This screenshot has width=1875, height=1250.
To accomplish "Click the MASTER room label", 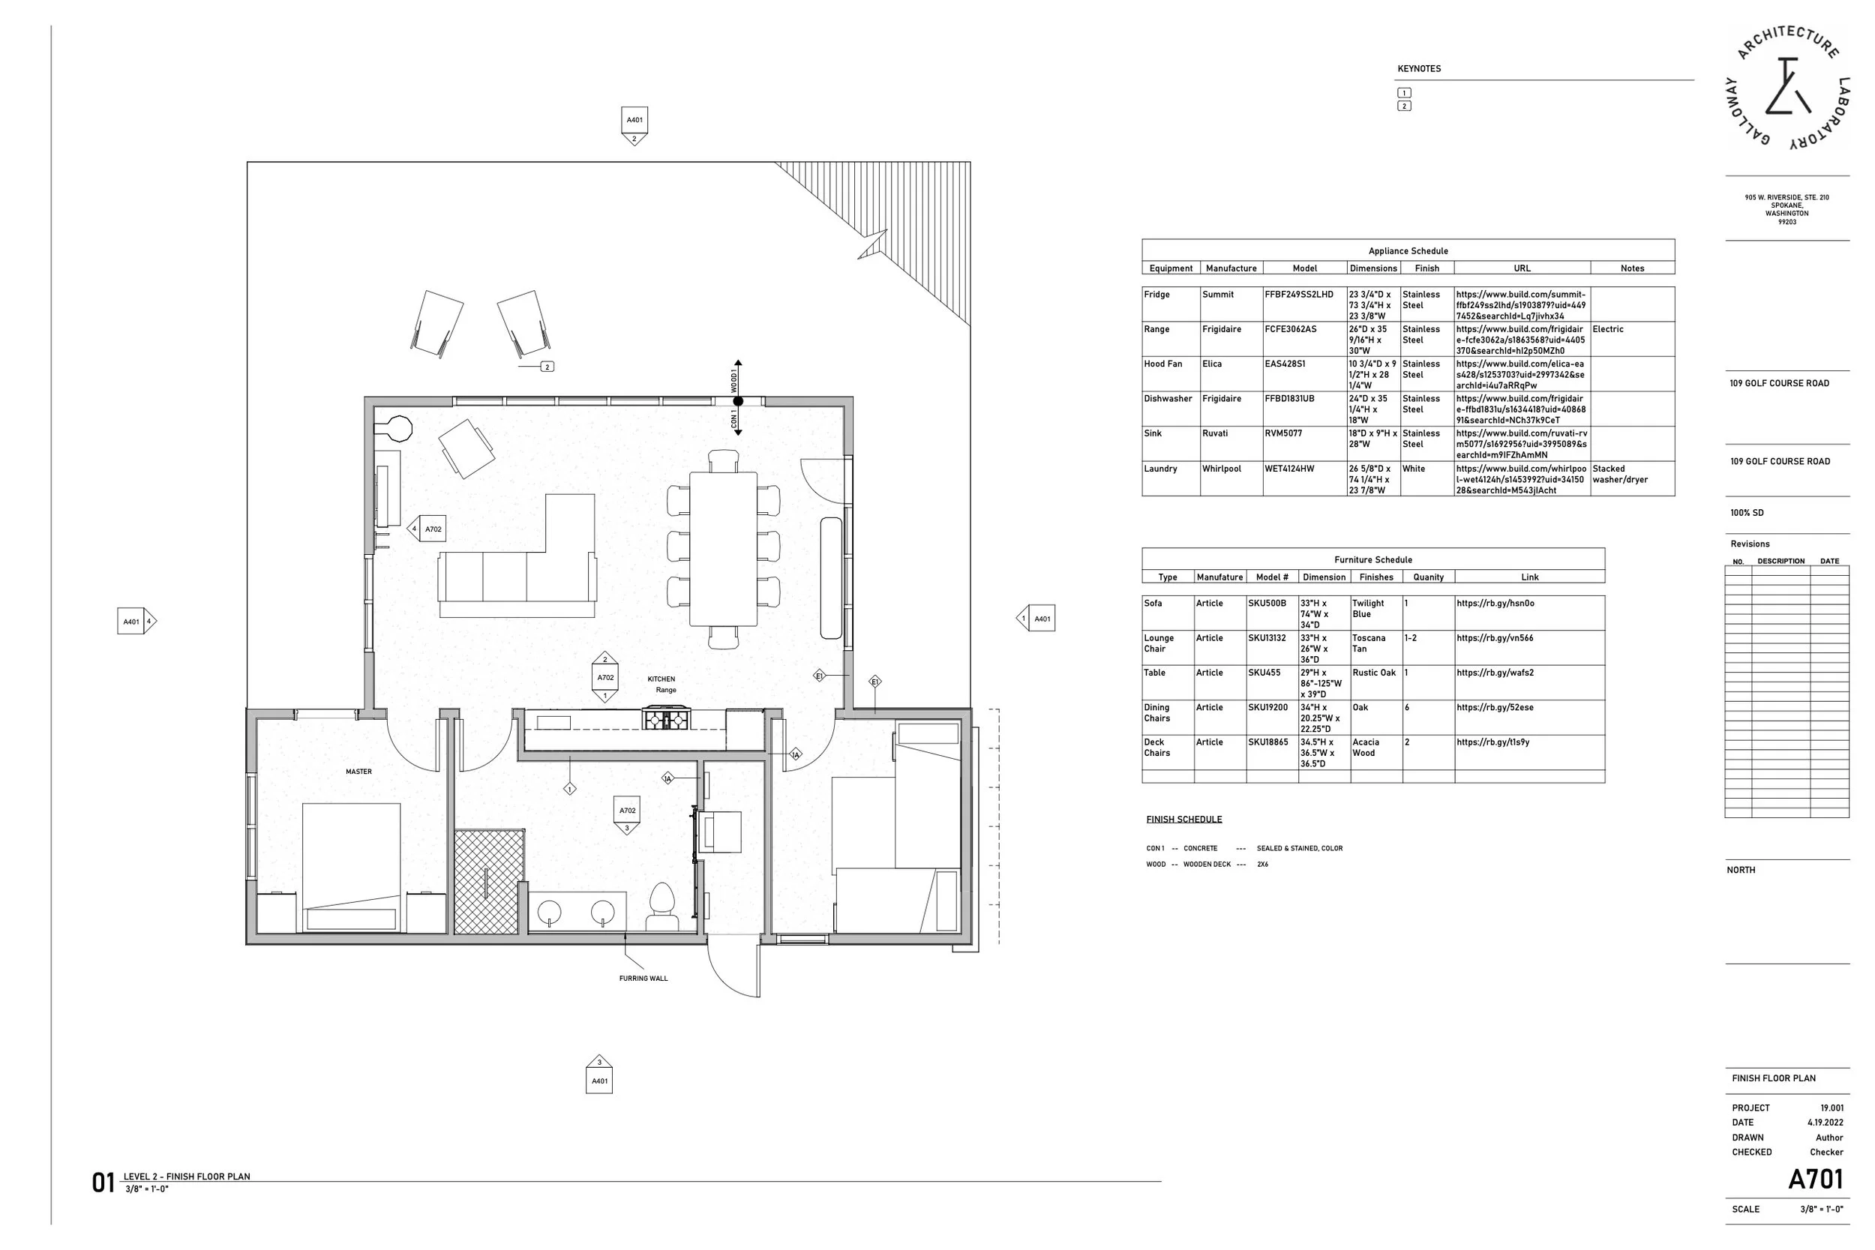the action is [358, 772].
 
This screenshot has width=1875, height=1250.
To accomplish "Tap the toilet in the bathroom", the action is [662, 907].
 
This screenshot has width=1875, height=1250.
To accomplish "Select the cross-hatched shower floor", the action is [490, 882].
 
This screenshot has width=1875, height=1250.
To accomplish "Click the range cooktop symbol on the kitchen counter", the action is [667, 720].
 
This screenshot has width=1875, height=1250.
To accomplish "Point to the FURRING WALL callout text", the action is [643, 978].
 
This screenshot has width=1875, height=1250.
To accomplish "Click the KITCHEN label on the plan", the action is [661, 679].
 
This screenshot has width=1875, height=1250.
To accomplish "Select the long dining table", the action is [723, 550].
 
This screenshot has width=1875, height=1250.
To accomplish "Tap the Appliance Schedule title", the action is [1408, 251].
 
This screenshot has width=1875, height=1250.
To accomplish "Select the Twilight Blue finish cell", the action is [1368, 609].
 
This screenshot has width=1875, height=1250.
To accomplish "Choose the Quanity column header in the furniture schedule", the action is [1429, 577].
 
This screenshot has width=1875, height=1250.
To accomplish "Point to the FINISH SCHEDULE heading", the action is [1183, 820].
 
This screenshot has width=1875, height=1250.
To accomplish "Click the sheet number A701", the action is [1815, 1179].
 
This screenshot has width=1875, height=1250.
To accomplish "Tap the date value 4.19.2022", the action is [1825, 1123].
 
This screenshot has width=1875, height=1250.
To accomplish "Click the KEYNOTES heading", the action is [1419, 68].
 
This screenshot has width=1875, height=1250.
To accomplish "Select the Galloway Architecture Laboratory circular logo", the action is [1786, 88].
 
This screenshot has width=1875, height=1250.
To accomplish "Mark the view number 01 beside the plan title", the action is [103, 1183].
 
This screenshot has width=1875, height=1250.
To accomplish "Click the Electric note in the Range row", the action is [1608, 329].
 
